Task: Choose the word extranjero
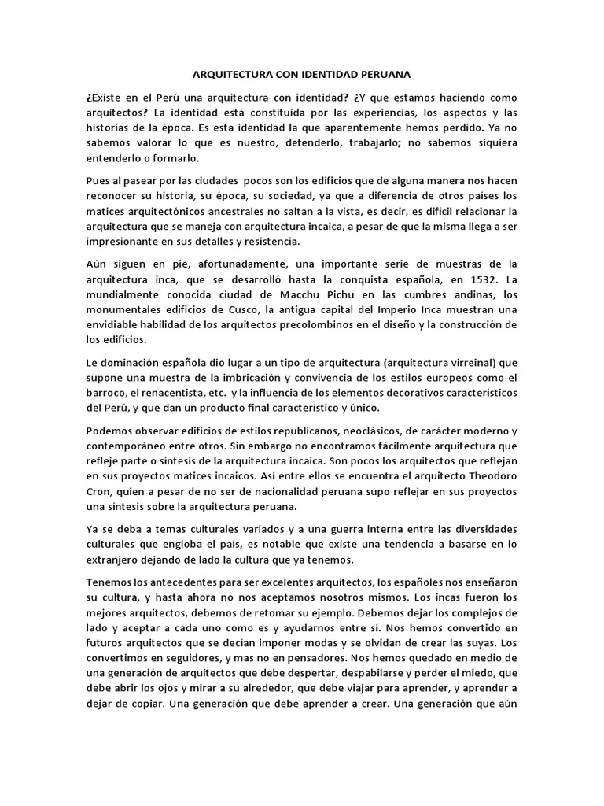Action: tap(117, 559)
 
